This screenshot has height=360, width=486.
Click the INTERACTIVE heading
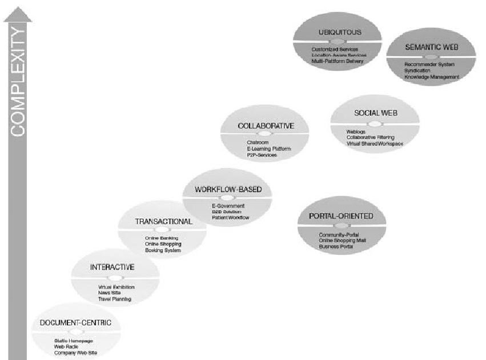(x=113, y=267)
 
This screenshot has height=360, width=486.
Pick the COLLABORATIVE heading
(x=266, y=126)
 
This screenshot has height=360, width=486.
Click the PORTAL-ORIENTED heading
(x=341, y=217)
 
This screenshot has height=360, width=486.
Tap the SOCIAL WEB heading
(x=375, y=113)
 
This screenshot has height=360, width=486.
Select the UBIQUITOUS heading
(x=337, y=33)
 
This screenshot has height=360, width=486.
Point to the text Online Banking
(x=162, y=238)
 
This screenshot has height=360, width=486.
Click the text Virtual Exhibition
(x=116, y=286)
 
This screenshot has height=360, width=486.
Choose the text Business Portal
(x=336, y=246)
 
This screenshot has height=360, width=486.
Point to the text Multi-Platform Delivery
(x=338, y=61)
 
